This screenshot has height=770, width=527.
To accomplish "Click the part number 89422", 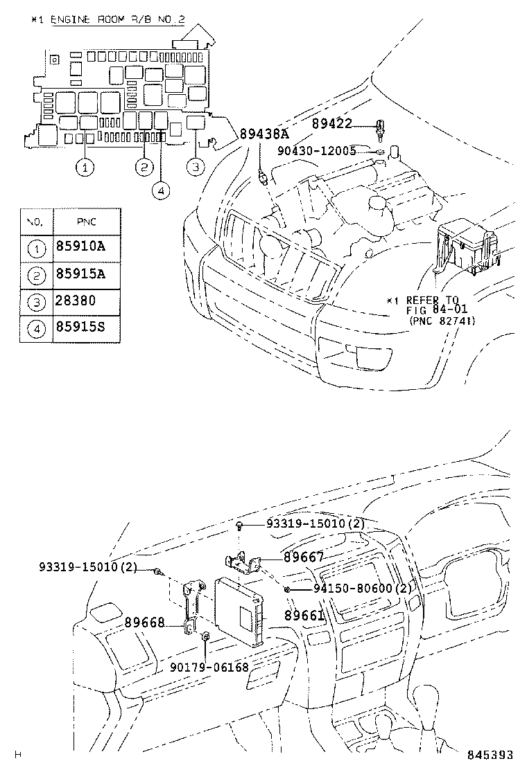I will [331, 123].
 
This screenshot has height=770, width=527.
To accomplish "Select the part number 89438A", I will [264, 134].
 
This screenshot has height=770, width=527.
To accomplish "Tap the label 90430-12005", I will [317, 150].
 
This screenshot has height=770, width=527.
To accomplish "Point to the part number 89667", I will [303, 555].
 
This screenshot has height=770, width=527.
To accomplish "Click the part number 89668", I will [144, 623].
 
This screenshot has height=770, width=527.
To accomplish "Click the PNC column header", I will [86, 221].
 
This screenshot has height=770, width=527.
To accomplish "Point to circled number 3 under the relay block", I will [196, 166].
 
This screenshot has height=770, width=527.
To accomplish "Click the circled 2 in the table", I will [35, 274].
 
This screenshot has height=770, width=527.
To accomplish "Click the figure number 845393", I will [490, 755].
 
